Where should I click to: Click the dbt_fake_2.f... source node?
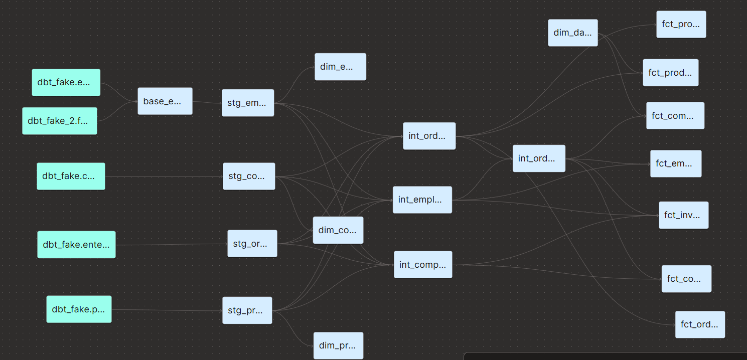[x=60, y=121]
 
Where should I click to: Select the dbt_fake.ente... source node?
[x=76, y=245]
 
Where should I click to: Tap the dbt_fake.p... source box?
[x=79, y=309]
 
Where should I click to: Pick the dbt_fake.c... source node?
[x=71, y=176]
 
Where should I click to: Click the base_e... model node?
[x=165, y=101]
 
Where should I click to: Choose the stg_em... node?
[x=248, y=103]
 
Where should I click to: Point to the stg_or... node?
[x=252, y=244]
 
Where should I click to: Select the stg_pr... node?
[x=247, y=310]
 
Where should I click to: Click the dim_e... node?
[x=340, y=67]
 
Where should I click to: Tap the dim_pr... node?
[x=338, y=345]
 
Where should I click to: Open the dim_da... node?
[x=573, y=33]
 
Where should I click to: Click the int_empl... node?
[x=422, y=200]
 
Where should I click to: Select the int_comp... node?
[x=423, y=265]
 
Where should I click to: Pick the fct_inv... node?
[x=683, y=215]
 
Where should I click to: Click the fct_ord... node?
[x=700, y=324]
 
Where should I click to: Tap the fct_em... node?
[x=676, y=163]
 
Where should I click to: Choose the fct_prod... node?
[x=670, y=73]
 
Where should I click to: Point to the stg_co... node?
[x=249, y=176]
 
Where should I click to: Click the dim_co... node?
[x=338, y=230]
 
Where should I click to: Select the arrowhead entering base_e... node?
[x=136, y=101]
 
